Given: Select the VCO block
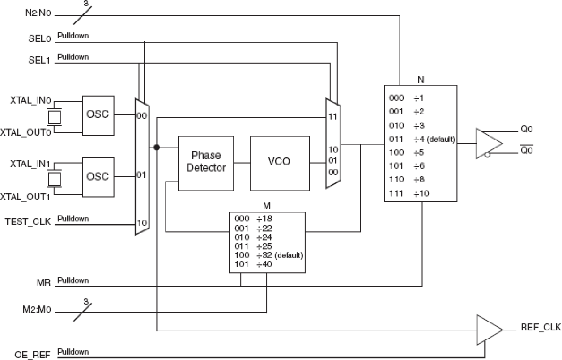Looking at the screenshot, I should coord(280,161).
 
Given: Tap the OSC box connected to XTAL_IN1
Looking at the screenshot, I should coord(98,177).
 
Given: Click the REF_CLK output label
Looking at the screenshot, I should coord(541,327).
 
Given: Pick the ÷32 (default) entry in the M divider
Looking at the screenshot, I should coord(280,255).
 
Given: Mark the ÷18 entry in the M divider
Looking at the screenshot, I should coord(264,219).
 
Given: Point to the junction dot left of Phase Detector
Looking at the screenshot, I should coord(157,147).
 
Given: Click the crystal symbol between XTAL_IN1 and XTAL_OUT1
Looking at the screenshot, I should coord(55,179).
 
